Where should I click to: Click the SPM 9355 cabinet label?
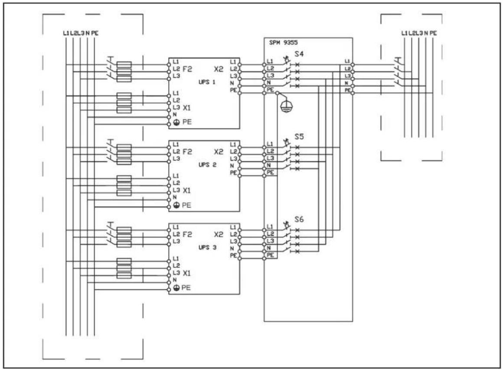(x=283, y=42)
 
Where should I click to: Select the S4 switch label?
(x=299, y=54)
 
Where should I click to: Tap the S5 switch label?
(x=299, y=137)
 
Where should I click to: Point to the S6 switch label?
(x=299, y=219)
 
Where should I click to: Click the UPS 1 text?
(x=207, y=82)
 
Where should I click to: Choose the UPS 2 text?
(x=207, y=165)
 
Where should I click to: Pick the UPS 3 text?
(x=207, y=248)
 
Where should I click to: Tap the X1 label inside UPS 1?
(x=187, y=108)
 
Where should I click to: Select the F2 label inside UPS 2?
(x=187, y=151)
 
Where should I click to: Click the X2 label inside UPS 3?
(x=219, y=235)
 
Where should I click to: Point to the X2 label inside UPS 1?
(x=219, y=69)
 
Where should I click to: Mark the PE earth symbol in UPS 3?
(x=176, y=288)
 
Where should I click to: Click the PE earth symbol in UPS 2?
(x=176, y=206)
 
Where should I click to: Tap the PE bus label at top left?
(x=95, y=33)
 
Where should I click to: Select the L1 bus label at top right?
(x=405, y=33)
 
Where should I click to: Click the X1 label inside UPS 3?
(x=187, y=273)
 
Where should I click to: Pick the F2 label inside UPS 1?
(x=187, y=69)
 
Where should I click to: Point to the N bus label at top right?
(x=426, y=33)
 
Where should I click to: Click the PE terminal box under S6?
(x=271, y=255)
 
